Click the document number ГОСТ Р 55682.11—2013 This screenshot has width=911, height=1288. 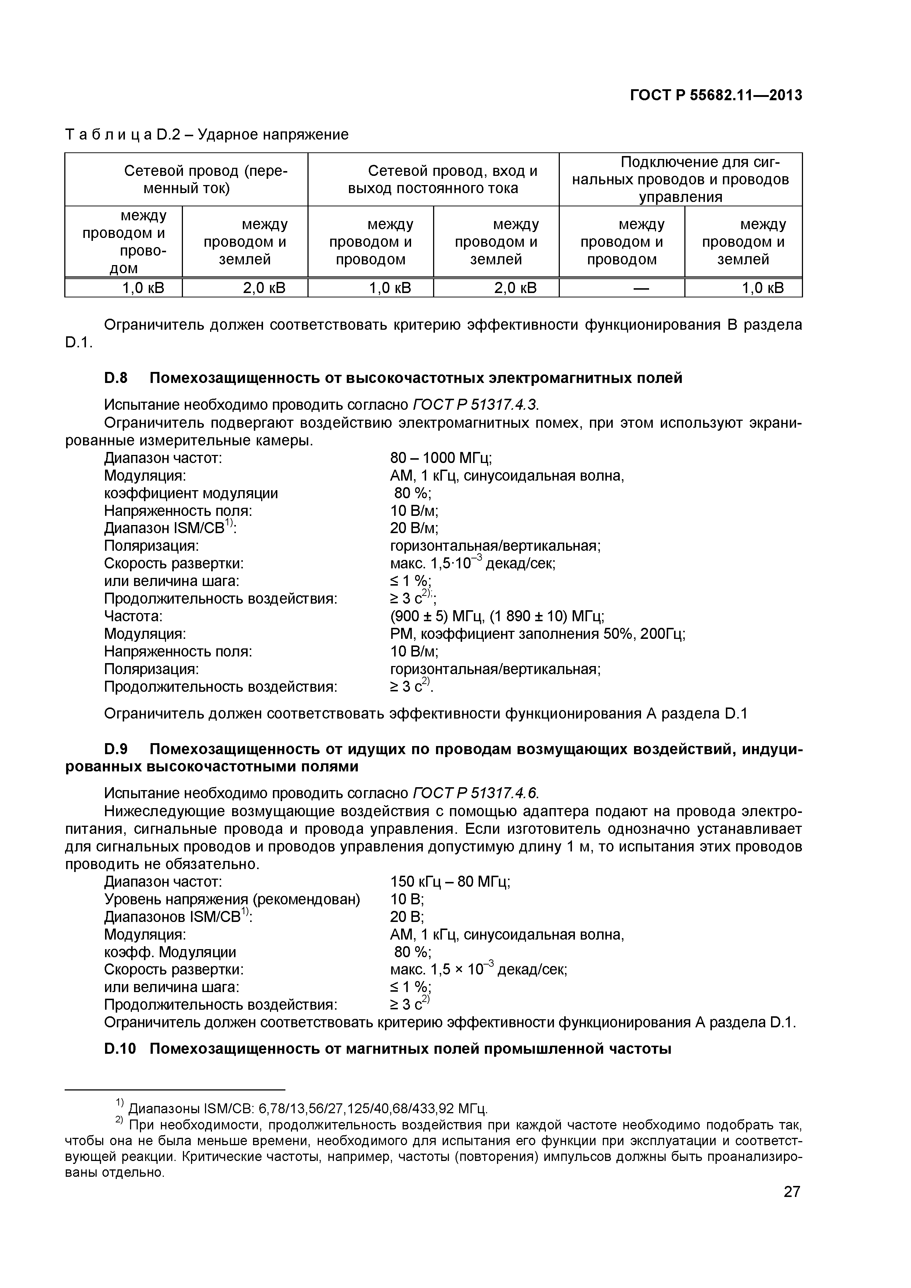click(x=716, y=95)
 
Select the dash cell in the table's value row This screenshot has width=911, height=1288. click(x=622, y=288)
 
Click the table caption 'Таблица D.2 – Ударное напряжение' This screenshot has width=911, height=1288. click(x=206, y=135)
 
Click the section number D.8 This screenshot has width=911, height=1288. click(x=116, y=378)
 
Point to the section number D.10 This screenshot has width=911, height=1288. click(x=120, y=1049)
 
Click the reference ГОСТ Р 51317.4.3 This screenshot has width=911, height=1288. click(x=478, y=405)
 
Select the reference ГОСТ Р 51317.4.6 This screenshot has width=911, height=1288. click(x=475, y=793)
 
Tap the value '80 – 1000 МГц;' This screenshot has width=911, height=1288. click(x=441, y=458)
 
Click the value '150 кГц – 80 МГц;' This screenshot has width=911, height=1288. click(x=450, y=881)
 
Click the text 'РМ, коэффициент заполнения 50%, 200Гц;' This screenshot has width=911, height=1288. click(x=538, y=634)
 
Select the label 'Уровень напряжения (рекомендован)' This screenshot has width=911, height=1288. click(x=232, y=899)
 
